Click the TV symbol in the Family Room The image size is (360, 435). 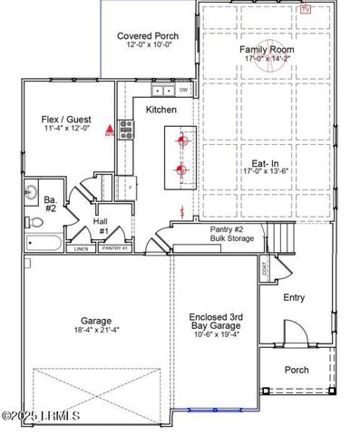306,8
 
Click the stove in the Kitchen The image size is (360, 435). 126,129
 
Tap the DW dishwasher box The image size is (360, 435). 183,91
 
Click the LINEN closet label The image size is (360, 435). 81,248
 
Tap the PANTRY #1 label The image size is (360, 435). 114,248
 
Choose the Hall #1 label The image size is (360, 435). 102,225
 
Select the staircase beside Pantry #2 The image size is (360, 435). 260,240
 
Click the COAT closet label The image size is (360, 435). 266,269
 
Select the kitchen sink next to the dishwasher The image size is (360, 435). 164,92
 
